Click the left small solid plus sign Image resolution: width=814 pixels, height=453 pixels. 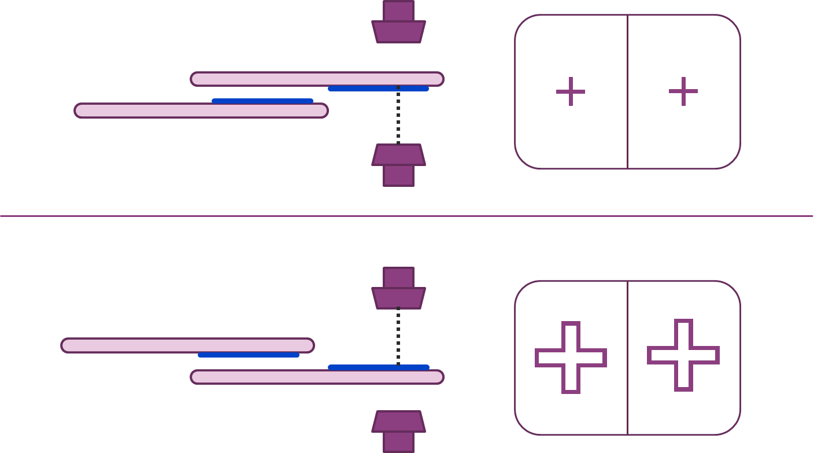tap(571, 91)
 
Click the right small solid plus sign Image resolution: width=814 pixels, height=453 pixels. tap(683, 91)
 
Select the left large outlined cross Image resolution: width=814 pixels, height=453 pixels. tap(571, 358)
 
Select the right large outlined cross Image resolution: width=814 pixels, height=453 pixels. tap(683, 355)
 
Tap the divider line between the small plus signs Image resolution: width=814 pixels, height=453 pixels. tap(627, 133)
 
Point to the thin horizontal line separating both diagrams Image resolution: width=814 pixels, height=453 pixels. tap(173, 216)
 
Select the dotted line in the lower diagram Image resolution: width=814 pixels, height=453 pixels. tap(398, 336)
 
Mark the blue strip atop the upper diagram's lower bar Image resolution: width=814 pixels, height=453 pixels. tap(262, 101)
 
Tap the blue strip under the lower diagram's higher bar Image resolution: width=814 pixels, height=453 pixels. tap(249, 355)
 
